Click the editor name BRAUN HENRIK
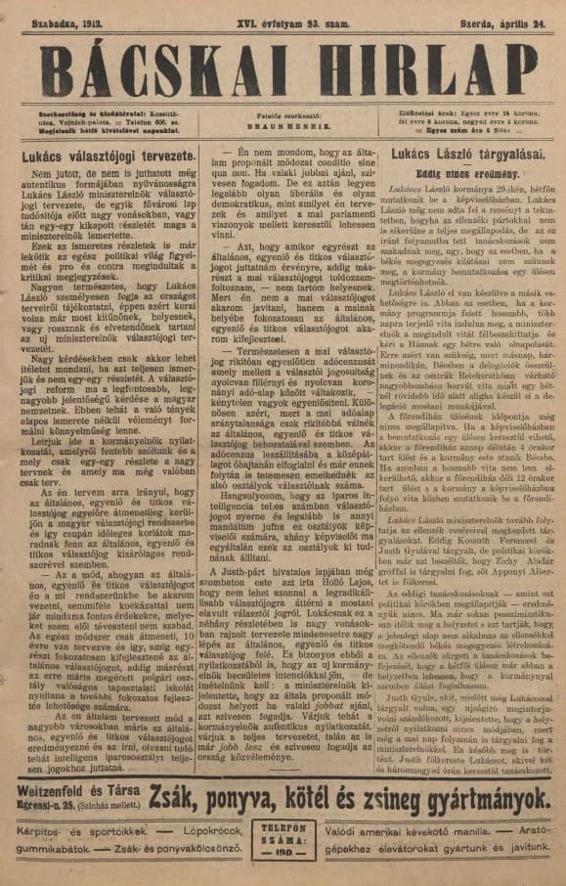tap(283, 126)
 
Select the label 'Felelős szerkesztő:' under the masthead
tap(283, 115)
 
